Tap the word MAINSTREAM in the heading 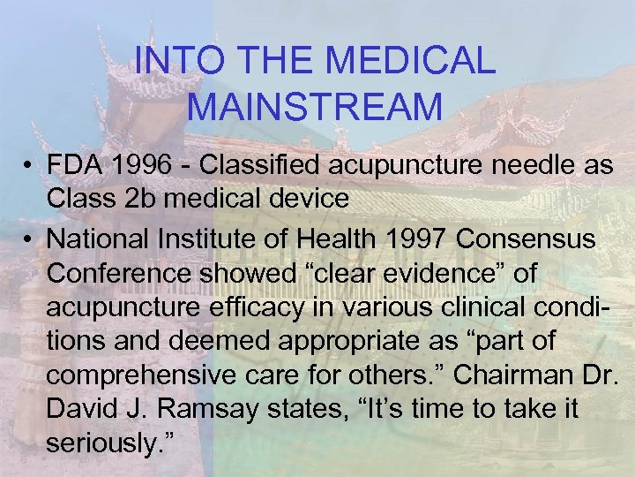pos(316,107)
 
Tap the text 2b pos(146,199)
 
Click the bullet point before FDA pos(29,166)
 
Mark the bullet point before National pos(29,238)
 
